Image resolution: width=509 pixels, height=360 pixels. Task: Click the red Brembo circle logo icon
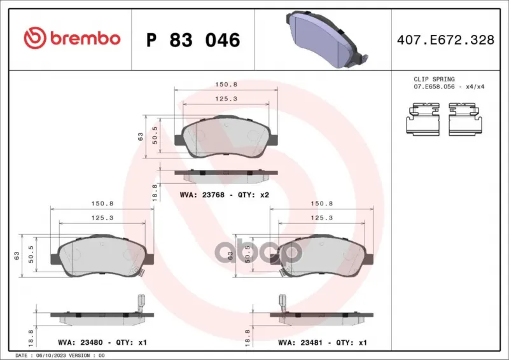point(35,38)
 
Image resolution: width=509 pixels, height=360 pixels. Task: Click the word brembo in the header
point(85,38)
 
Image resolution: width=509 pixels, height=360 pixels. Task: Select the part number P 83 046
point(193,40)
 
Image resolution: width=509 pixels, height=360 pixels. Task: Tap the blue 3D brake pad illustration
point(327,39)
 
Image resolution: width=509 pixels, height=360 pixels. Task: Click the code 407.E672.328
point(445,39)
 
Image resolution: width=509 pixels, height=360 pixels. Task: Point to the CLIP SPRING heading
point(434,80)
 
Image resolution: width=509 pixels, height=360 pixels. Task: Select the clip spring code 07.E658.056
point(434,87)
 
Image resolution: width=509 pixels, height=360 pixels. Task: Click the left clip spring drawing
point(423,119)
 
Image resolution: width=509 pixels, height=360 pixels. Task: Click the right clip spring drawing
point(465,119)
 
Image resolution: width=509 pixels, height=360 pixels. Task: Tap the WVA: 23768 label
point(202,195)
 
